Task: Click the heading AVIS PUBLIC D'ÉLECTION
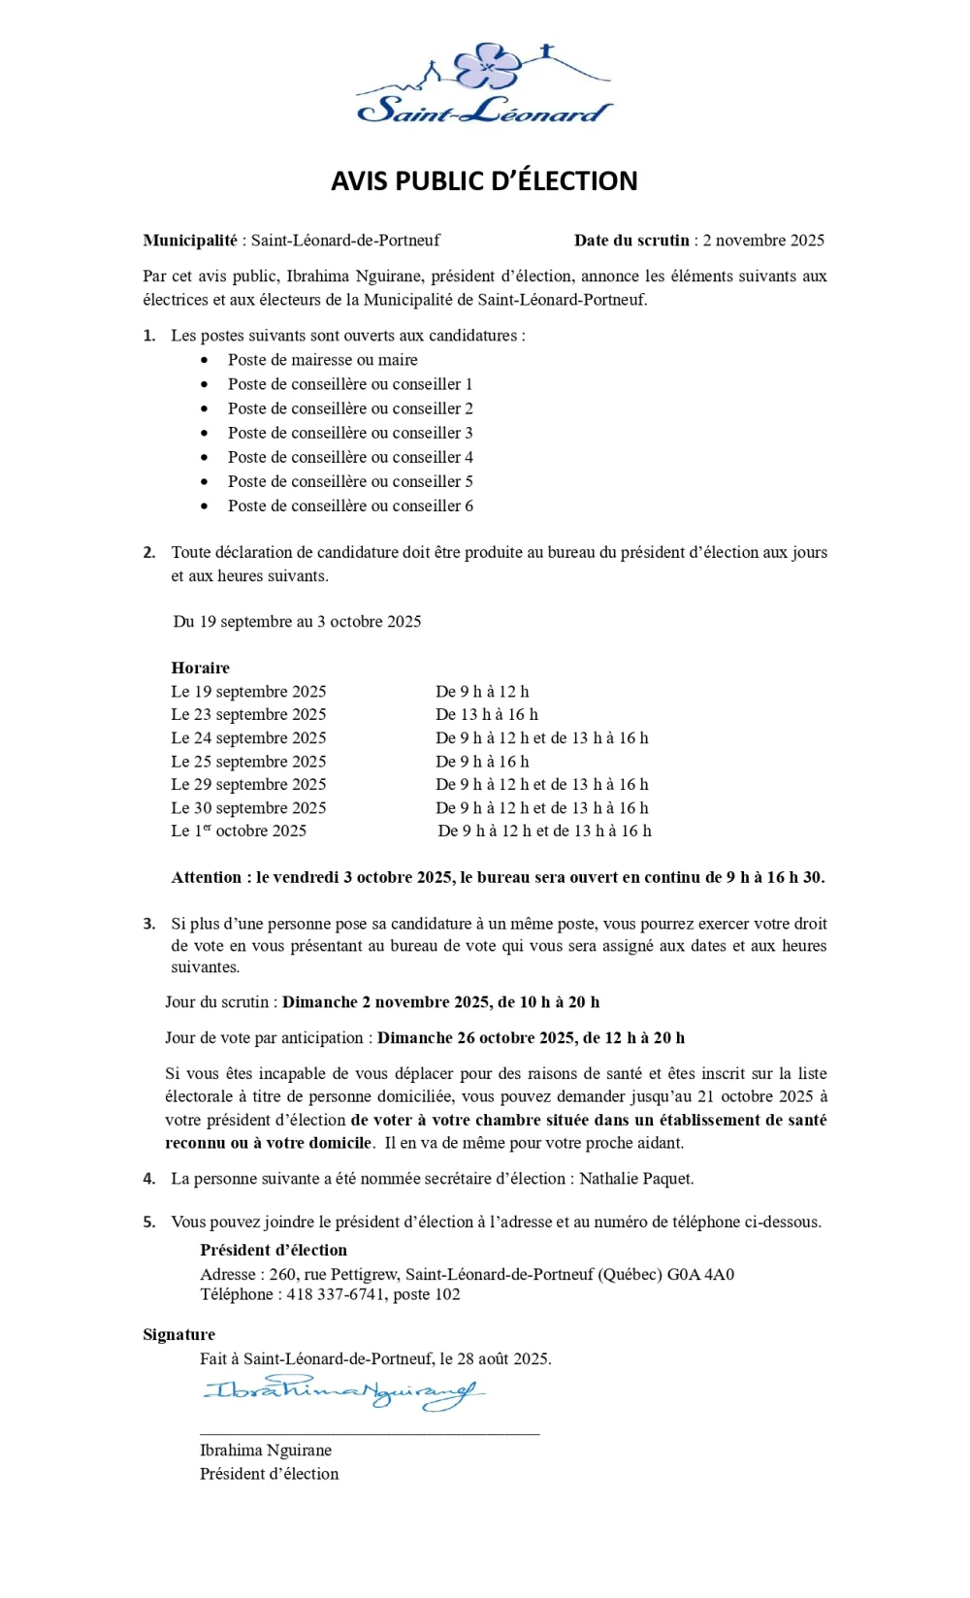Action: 484,181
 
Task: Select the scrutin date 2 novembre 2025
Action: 763,241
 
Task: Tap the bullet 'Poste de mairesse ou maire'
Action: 322,360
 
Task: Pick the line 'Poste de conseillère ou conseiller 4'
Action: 350,457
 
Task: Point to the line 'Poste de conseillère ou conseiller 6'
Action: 350,505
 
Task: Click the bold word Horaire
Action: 200,668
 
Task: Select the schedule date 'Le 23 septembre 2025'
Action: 248,714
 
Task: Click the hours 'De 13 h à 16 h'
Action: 487,714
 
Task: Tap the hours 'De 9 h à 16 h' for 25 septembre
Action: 482,762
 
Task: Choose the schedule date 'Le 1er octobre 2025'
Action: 239,831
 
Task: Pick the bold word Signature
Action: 178,1335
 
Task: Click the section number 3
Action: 148,924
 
